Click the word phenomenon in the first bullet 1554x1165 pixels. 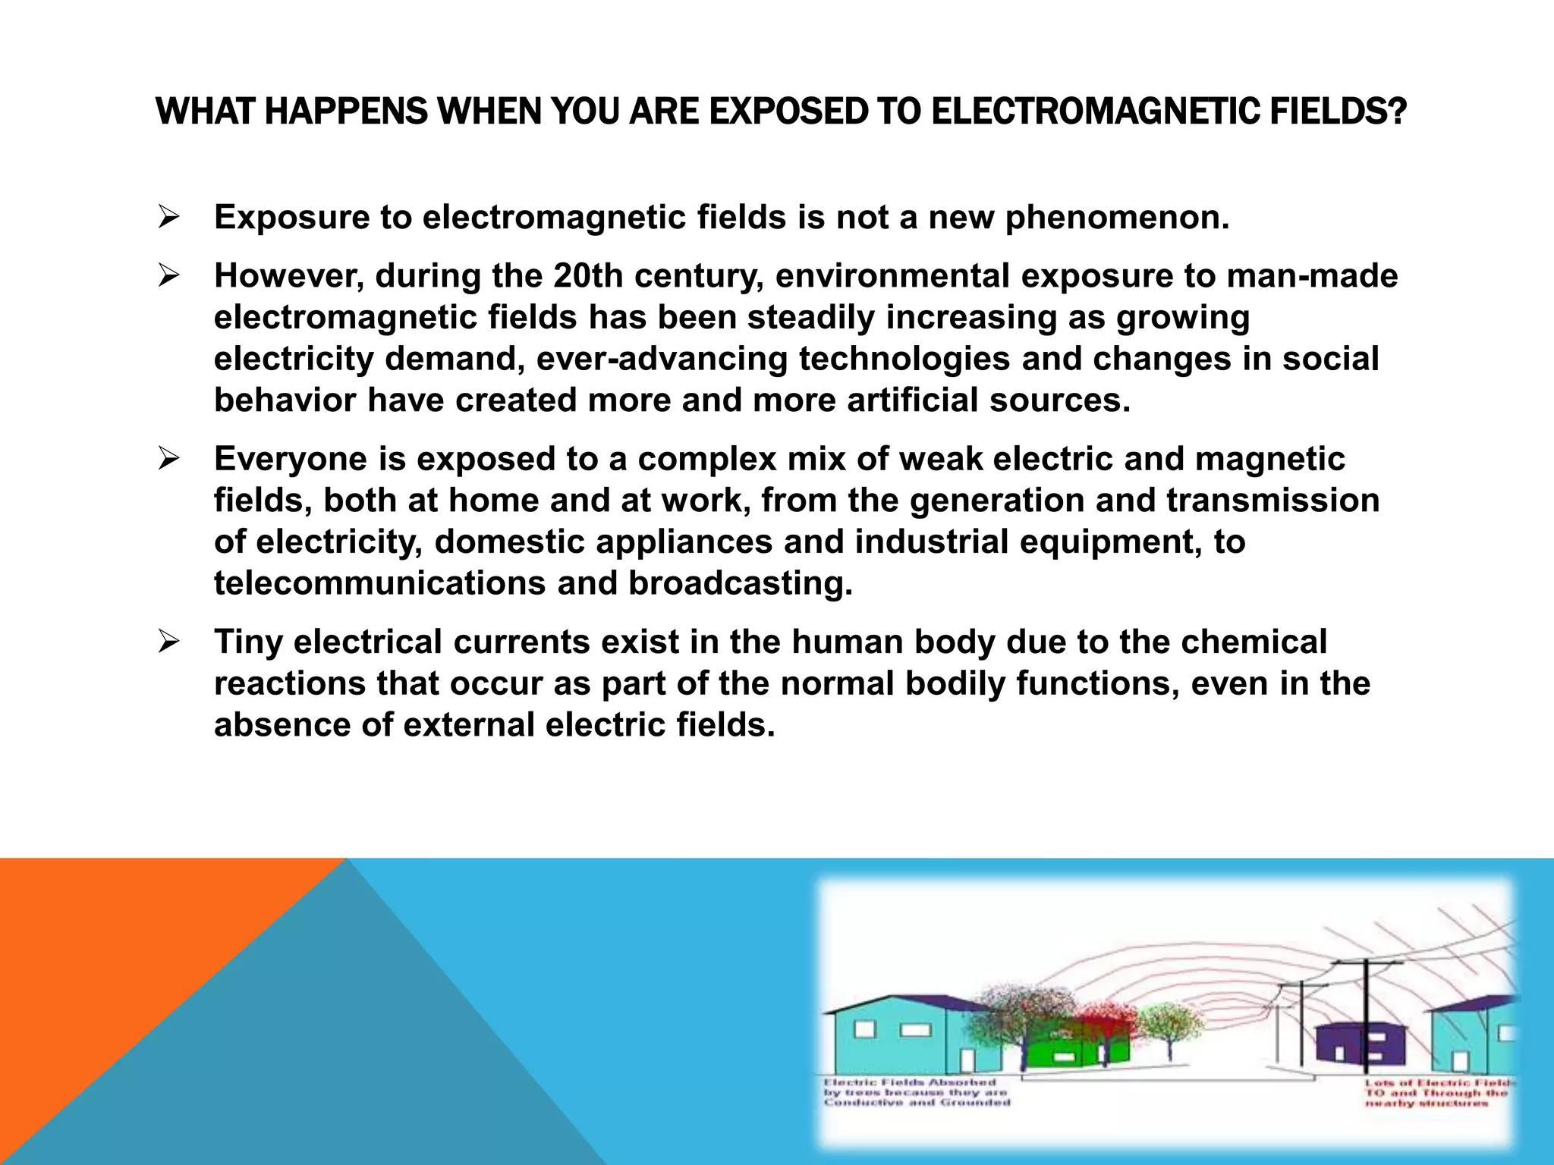click(1116, 218)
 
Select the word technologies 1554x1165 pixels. click(904, 359)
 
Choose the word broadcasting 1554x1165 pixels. click(740, 583)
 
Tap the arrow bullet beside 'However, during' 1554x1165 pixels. click(168, 276)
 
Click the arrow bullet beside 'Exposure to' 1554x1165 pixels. click(168, 218)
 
